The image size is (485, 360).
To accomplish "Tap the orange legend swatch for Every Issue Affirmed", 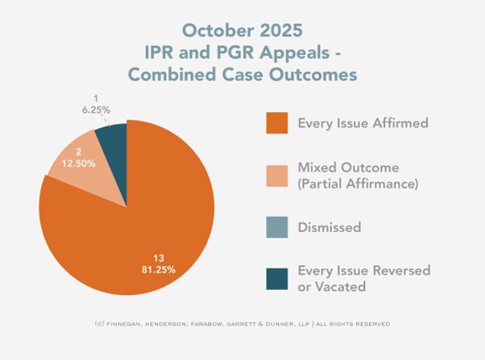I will [276, 124].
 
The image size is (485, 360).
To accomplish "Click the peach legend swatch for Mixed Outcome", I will [276, 176].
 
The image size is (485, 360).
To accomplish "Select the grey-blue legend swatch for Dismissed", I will [276, 228].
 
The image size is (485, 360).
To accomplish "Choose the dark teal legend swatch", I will [276, 277].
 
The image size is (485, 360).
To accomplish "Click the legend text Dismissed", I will [330, 228].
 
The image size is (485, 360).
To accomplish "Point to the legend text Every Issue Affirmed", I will [363, 124].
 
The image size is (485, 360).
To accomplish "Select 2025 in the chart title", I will [281, 30].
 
